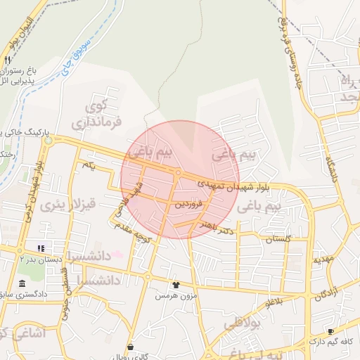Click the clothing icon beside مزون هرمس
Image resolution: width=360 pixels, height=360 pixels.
(x=175, y=285)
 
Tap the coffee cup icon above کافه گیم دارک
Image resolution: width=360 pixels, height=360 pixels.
(x=330, y=331)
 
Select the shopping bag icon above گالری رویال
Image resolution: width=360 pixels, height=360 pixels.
(x=131, y=346)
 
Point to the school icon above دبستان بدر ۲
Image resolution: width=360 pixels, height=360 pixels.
(x=40, y=248)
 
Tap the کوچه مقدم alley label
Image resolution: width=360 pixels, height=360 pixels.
(x=136, y=235)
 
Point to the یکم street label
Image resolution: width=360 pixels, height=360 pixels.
(x=88, y=164)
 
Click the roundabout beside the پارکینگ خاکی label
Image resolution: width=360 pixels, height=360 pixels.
(x=48, y=141)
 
